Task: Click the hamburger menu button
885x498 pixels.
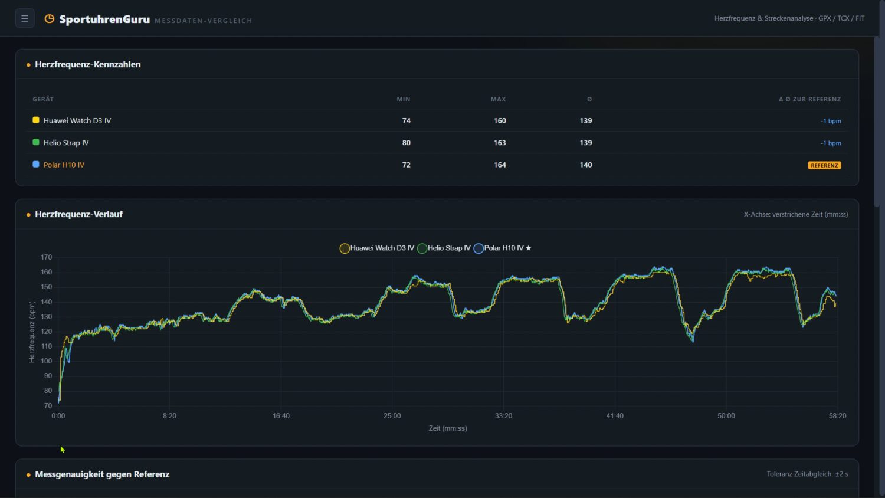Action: pyautogui.click(x=25, y=18)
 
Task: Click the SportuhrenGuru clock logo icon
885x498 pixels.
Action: pyautogui.click(x=50, y=18)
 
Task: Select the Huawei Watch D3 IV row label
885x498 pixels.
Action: pyautogui.click(x=77, y=120)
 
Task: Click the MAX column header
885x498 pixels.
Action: pyautogui.click(x=498, y=99)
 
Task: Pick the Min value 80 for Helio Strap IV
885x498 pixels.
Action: pyautogui.click(x=406, y=143)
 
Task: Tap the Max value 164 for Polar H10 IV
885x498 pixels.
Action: pyautogui.click(x=500, y=165)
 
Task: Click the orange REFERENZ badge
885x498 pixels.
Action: pyautogui.click(x=824, y=165)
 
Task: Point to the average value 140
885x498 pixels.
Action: pyautogui.click(x=585, y=165)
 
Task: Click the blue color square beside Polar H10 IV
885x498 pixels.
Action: pyautogui.click(x=36, y=164)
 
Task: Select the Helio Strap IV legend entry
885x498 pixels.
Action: pyautogui.click(x=444, y=248)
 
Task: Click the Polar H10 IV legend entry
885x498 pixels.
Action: pyautogui.click(x=502, y=248)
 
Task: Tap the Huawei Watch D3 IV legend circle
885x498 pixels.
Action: pyautogui.click(x=345, y=248)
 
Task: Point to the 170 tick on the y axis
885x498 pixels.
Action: pyautogui.click(x=46, y=257)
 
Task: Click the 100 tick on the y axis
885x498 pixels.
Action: pyautogui.click(x=46, y=361)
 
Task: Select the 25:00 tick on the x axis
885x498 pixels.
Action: pyautogui.click(x=392, y=416)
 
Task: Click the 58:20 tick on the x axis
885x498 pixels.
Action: pyautogui.click(x=838, y=416)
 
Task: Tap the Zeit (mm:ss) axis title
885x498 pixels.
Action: pyautogui.click(x=448, y=428)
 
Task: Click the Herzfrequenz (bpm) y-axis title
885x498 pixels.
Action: pyautogui.click(x=32, y=332)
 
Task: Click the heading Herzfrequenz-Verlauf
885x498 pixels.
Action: pyautogui.click(x=78, y=214)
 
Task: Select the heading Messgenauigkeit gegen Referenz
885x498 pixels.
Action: pyautogui.click(x=102, y=474)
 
